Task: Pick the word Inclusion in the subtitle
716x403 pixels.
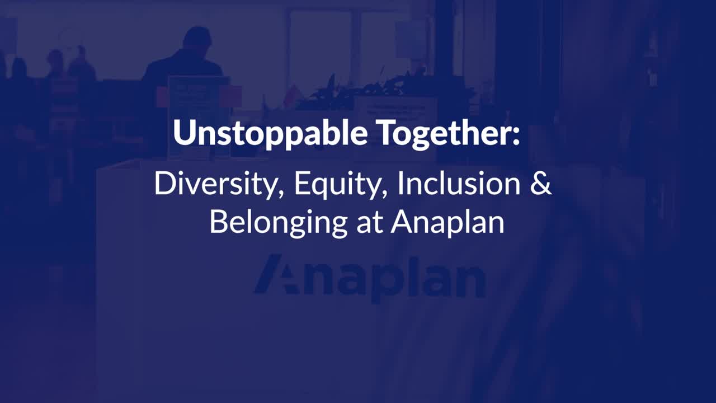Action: click(459, 184)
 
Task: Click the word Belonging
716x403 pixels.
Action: click(279, 223)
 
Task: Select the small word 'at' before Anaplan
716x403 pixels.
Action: click(369, 224)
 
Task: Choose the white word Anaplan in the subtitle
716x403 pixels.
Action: click(447, 223)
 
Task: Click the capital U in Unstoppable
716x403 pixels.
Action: click(186, 133)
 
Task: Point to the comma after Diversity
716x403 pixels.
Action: click(281, 194)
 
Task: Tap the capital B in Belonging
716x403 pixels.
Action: click(220, 222)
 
